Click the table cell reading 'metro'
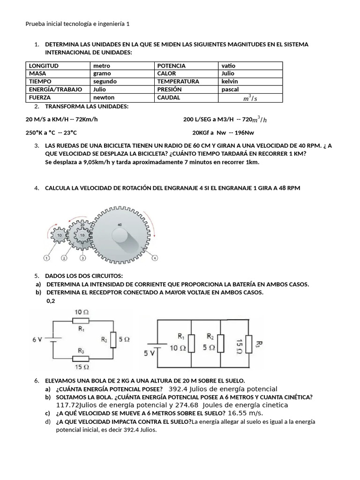(102, 66)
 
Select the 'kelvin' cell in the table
(230, 82)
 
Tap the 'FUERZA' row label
(40, 97)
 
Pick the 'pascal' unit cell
(230, 90)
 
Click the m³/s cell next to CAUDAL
(250, 98)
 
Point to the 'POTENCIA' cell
(171, 66)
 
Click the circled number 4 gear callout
(155, 258)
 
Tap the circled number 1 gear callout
(46, 258)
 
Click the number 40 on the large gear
(119, 225)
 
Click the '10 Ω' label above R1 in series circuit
(82, 311)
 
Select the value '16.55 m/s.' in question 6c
(245, 413)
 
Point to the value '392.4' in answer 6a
(178, 389)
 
